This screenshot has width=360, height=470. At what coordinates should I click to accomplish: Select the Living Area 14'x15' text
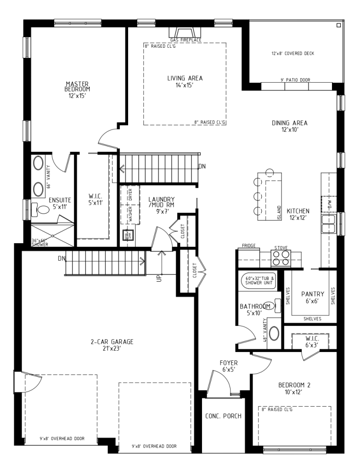point(185,81)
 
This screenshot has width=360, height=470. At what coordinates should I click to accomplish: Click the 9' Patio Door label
point(295,80)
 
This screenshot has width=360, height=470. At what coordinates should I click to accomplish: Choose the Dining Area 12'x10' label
point(289,126)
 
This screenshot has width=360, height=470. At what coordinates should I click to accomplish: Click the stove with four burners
point(281,260)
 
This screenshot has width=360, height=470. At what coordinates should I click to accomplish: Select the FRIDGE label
point(248,246)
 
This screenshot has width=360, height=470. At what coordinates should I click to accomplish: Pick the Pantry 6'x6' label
point(313,297)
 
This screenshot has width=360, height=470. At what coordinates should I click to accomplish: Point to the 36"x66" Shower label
point(40,243)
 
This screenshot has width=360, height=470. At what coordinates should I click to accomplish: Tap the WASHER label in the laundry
point(131,214)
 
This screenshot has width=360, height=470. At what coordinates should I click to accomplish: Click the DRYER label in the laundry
point(131,195)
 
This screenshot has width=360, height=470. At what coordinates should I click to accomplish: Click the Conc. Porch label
point(223,416)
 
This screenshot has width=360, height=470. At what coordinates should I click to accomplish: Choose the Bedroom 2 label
point(294,388)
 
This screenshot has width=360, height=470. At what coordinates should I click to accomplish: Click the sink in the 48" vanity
point(274,333)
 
